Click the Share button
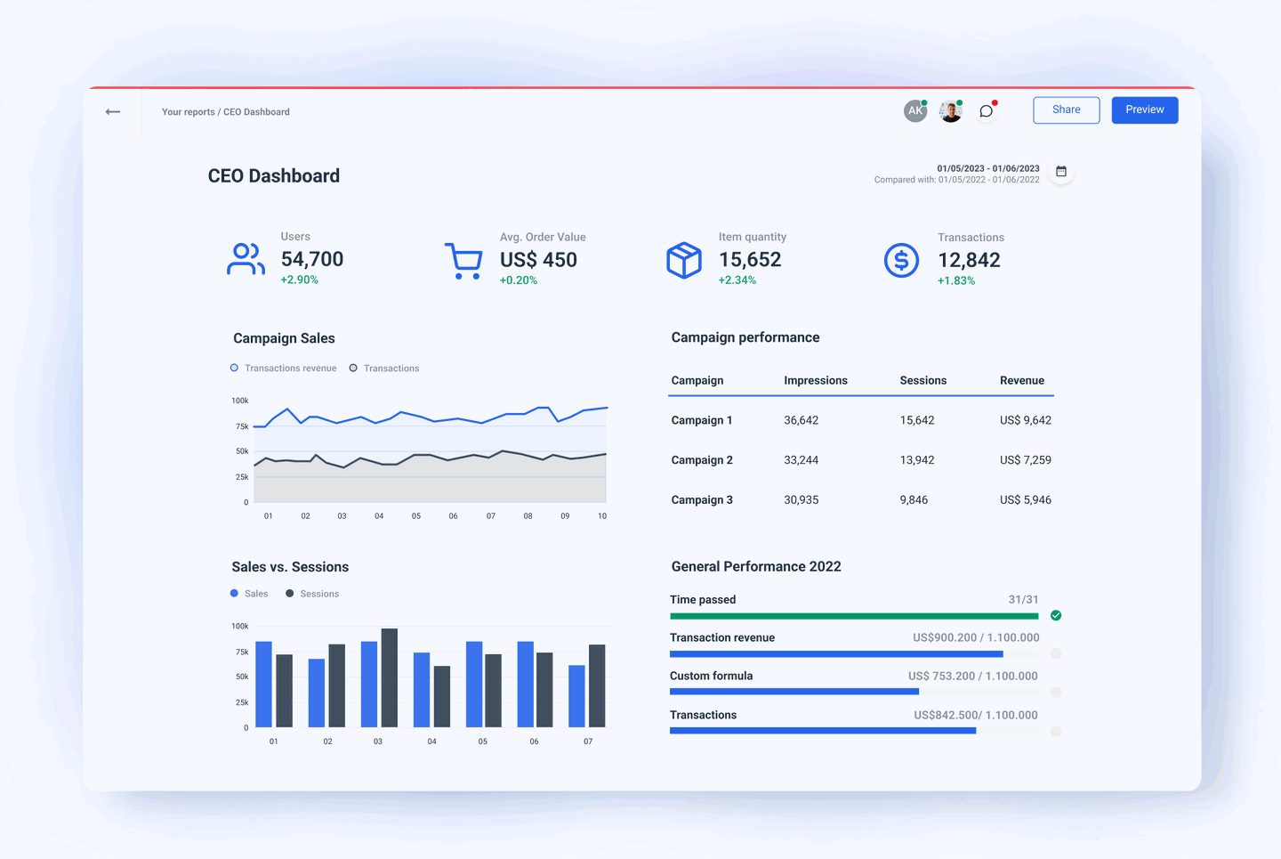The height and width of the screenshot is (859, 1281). pos(1066,109)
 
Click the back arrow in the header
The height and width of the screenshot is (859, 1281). pos(113,111)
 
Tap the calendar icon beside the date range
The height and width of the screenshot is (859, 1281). pos(1060,171)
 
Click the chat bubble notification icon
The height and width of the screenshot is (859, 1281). pos(986,111)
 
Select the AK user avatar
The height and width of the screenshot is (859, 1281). pos(914,111)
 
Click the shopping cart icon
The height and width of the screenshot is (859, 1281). pos(463,261)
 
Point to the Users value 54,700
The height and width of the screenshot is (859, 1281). pos(311,259)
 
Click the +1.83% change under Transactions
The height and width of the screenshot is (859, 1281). pos(955,280)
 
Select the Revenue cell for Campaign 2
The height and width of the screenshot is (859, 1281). pos(1025,460)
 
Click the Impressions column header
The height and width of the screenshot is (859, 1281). pos(815,380)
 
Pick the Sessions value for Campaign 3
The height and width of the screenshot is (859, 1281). pos(913,500)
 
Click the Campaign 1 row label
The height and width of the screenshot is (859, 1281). pos(701,420)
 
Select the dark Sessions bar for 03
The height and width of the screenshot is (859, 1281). pos(389,677)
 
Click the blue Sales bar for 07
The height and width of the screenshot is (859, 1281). pos(576,696)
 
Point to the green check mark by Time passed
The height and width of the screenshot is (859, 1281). pos(1056,615)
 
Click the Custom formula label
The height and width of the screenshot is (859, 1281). pos(711,676)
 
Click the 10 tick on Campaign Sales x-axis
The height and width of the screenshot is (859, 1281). pos(602,516)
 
